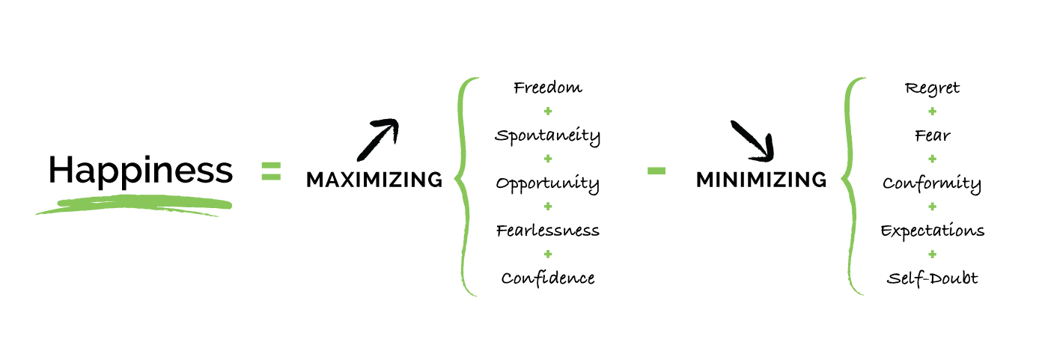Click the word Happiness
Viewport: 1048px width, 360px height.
(140, 171)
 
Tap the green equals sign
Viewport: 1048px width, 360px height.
(271, 171)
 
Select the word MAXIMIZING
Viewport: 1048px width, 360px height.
(374, 180)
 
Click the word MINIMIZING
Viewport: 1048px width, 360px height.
(761, 180)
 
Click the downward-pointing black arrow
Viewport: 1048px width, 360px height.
(751, 140)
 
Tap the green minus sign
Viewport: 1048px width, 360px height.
(656, 171)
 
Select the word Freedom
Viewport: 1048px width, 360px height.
(548, 88)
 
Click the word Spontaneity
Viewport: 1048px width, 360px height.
(548, 136)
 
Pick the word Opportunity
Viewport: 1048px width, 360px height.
(548, 184)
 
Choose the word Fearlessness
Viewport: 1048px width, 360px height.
(548, 230)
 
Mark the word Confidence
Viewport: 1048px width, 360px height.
(548, 278)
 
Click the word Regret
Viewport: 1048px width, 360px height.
(932, 88)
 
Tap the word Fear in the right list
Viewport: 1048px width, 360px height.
(932, 135)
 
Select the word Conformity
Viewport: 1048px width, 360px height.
(932, 183)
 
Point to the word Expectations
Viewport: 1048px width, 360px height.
(932, 231)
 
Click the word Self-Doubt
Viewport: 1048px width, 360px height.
(932, 278)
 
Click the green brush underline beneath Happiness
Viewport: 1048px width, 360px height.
(135, 204)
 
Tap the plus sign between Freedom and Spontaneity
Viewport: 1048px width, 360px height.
(548, 112)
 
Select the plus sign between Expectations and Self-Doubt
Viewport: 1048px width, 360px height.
(932, 254)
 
